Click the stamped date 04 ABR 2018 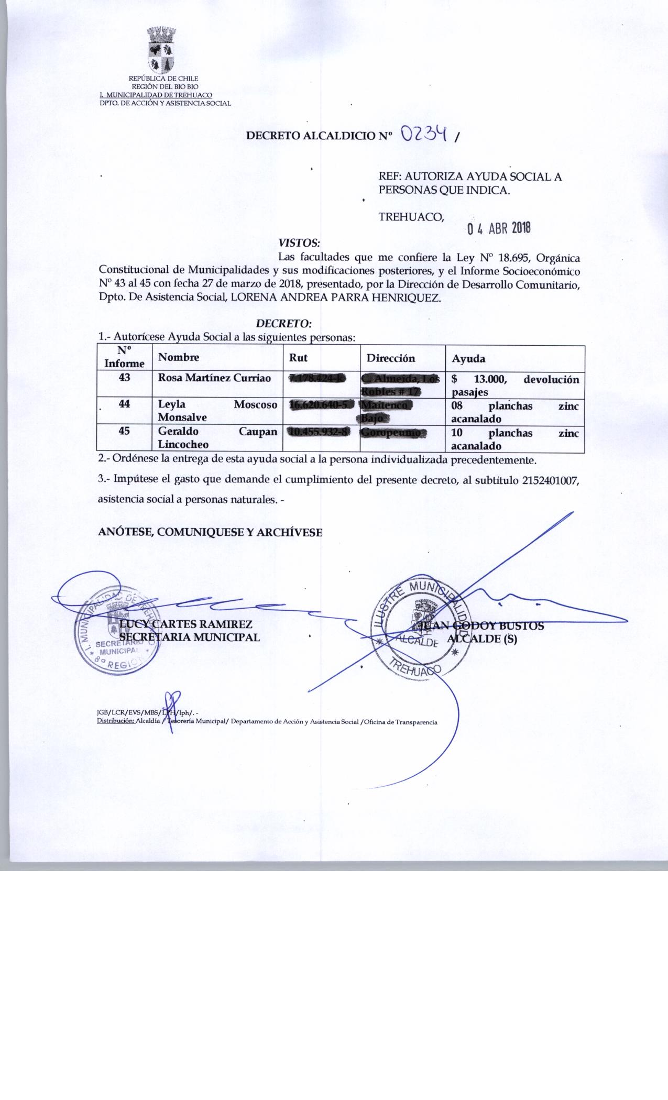tap(499, 228)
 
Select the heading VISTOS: tap(299, 243)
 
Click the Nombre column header tap(179, 358)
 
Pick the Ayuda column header tap(468, 359)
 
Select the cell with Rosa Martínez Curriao tap(215, 378)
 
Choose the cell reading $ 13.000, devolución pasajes tap(514, 385)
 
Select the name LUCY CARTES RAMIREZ tap(186, 624)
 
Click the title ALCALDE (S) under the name tap(481, 639)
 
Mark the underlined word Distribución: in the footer tap(116, 722)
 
